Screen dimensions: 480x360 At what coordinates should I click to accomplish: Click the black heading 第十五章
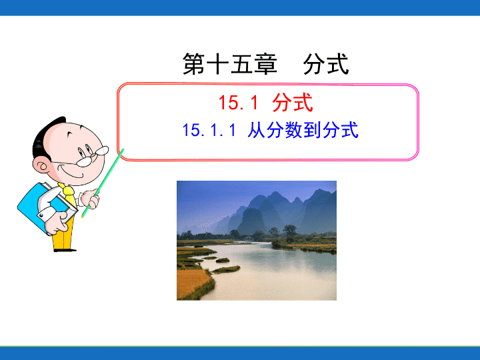(x=230, y=64)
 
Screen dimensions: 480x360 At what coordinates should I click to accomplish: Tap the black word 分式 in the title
(x=326, y=64)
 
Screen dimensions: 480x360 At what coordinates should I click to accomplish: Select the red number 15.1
(x=239, y=102)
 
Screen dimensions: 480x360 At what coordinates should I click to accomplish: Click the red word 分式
(x=293, y=102)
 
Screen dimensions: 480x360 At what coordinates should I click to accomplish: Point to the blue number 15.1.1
(x=209, y=130)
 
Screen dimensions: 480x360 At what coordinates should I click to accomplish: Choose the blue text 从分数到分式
(x=303, y=130)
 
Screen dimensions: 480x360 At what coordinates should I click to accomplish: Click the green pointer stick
(x=103, y=183)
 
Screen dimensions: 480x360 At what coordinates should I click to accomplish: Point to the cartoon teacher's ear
(x=41, y=166)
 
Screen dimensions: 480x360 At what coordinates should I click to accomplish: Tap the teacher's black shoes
(x=65, y=250)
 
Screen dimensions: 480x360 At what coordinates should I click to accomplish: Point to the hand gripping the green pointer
(x=91, y=199)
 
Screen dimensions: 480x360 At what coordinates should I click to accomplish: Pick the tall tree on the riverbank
(x=289, y=232)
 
